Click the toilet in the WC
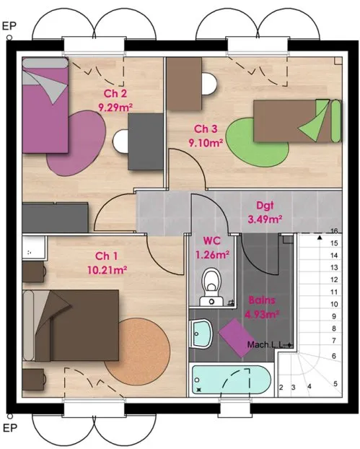(212, 287)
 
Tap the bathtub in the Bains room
(232, 380)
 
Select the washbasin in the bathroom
(201, 334)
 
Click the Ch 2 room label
(115, 93)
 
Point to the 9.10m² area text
(206, 142)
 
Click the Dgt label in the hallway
(265, 206)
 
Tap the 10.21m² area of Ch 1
(107, 270)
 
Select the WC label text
(212, 241)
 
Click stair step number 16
(334, 231)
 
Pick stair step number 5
(335, 383)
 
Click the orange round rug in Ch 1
(137, 352)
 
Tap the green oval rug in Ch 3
(257, 143)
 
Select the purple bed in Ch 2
(45, 105)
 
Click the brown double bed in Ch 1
(71, 326)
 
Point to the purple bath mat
(237, 338)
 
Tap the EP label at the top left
(9, 26)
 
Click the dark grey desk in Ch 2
(146, 141)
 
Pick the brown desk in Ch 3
(184, 84)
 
